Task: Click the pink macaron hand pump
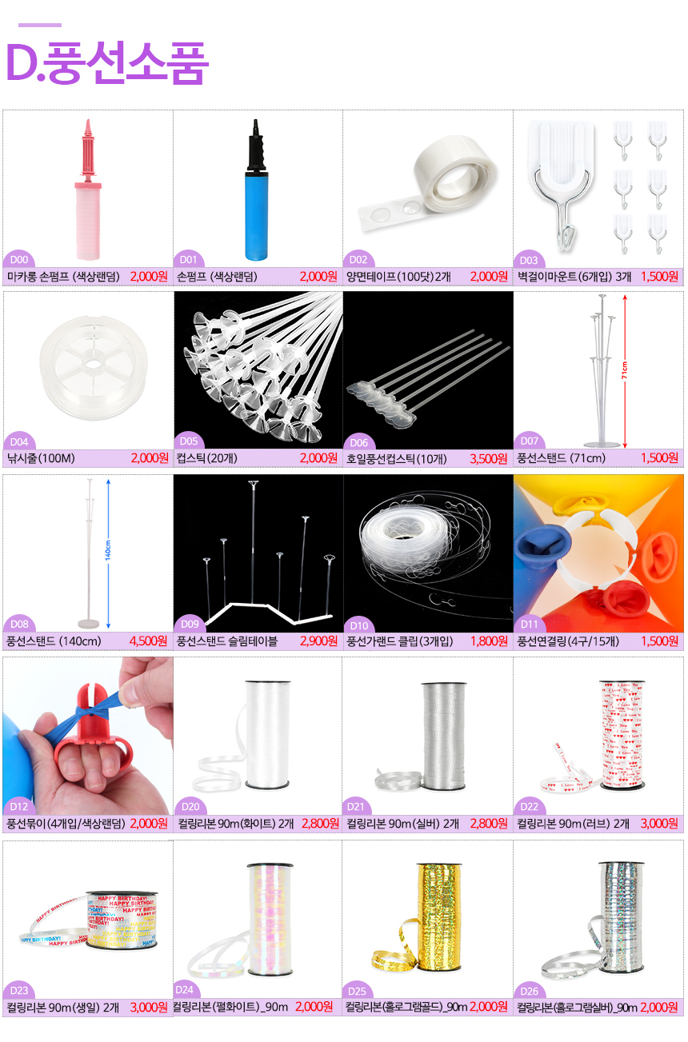tap(88, 190)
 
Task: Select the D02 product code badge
tap(358, 260)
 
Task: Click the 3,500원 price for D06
tap(488, 459)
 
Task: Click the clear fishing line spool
tap(94, 367)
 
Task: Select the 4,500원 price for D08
tap(148, 641)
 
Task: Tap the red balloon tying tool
tap(93, 734)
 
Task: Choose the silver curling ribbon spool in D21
tap(444, 736)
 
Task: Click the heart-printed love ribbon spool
tap(622, 734)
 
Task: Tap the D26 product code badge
tap(529, 991)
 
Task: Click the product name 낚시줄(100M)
tap(41, 459)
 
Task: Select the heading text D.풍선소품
tap(107, 63)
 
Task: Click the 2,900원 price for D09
tap(319, 641)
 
